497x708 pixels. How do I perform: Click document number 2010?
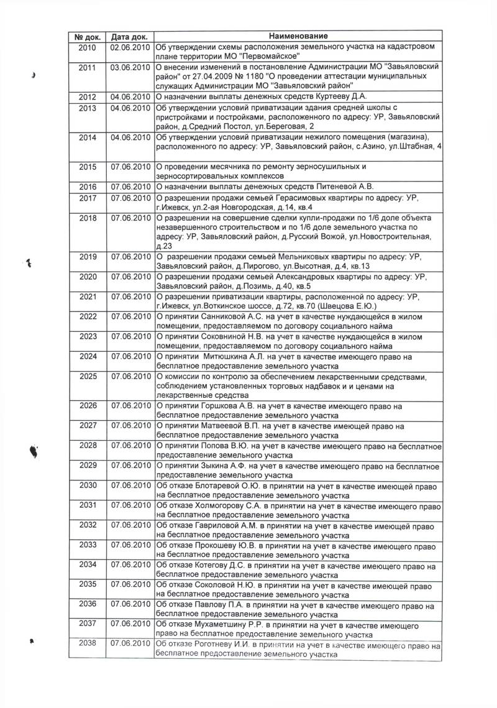(x=88, y=47)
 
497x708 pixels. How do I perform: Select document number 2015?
(x=88, y=166)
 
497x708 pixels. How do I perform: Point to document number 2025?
(x=88, y=376)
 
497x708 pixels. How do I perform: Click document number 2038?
(x=88, y=645)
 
